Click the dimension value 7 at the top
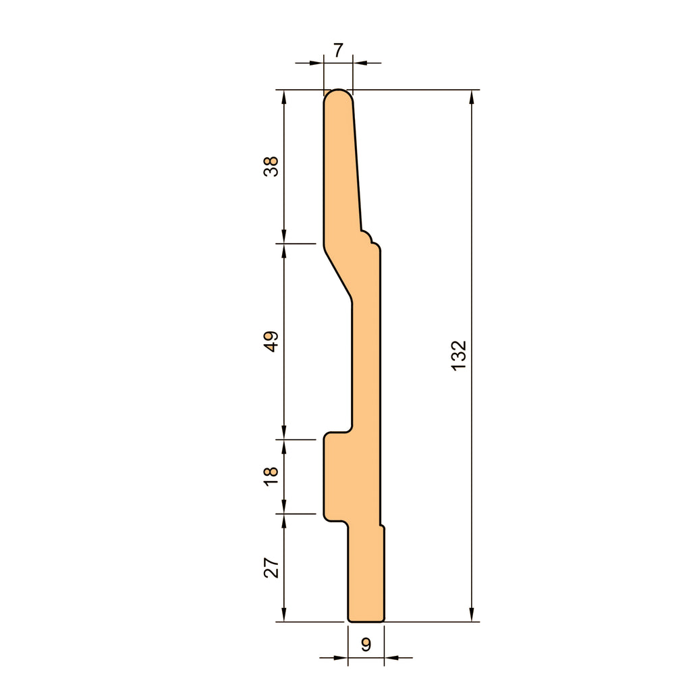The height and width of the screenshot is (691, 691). pos(338,50)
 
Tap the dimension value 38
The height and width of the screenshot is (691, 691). pos(271,166)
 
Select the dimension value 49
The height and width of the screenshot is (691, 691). pos(271,341)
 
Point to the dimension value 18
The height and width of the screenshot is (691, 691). pos(271,476)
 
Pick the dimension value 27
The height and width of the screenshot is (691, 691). pos(271,568)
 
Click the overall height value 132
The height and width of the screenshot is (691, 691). pos(459,355)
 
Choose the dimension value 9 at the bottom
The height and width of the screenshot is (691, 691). pos(366,644)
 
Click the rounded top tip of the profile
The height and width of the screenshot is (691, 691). pos(339,90)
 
